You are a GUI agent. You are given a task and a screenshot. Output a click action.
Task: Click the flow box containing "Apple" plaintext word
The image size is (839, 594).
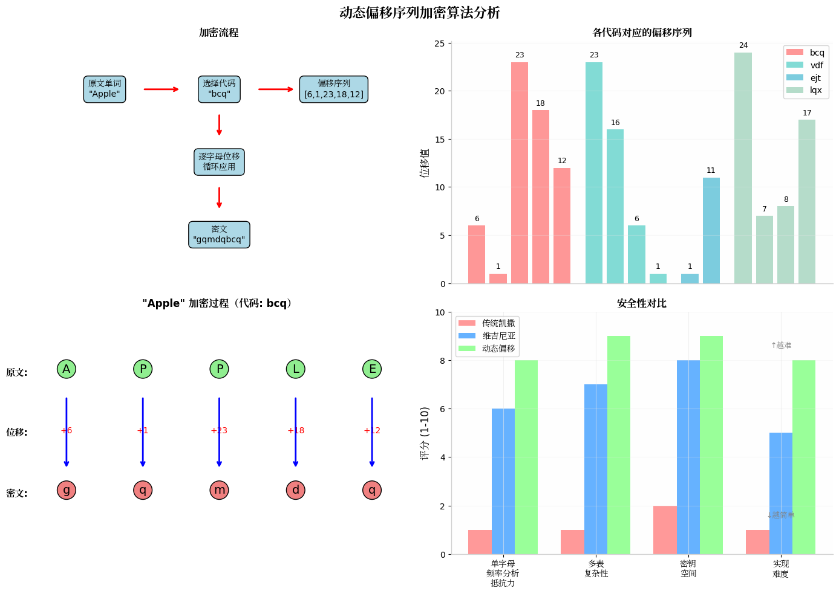105,89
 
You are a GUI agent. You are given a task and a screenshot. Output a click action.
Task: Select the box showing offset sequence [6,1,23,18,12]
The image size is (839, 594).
334,89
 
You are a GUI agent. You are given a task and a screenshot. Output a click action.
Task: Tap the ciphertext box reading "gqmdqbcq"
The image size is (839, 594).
219,234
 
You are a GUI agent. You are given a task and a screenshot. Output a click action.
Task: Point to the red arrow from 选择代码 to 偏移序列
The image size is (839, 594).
276,89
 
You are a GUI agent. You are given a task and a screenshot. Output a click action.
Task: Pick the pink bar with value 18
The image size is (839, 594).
540,196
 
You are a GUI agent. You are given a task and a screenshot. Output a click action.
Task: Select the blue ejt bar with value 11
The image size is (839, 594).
711,230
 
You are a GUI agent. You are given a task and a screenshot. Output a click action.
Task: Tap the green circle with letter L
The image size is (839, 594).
295,369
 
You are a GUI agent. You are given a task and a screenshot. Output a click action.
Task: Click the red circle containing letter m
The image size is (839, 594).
219,490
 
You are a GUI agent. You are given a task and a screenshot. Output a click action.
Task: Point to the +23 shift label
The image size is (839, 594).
219,430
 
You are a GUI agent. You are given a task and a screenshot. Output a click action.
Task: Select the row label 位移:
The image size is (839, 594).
17,432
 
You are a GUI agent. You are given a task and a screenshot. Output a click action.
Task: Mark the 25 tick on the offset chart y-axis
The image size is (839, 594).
439,44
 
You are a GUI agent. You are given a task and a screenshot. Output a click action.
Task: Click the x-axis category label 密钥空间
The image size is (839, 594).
688,569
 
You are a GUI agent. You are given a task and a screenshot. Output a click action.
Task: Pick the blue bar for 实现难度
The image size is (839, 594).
780,493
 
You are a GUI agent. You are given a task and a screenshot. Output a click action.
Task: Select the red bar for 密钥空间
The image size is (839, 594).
665,530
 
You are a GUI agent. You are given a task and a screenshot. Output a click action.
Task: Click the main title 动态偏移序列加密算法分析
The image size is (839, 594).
419,13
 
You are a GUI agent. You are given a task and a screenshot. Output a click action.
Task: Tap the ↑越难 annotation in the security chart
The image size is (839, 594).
781,345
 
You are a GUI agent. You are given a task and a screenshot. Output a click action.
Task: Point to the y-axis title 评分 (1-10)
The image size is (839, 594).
425,433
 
